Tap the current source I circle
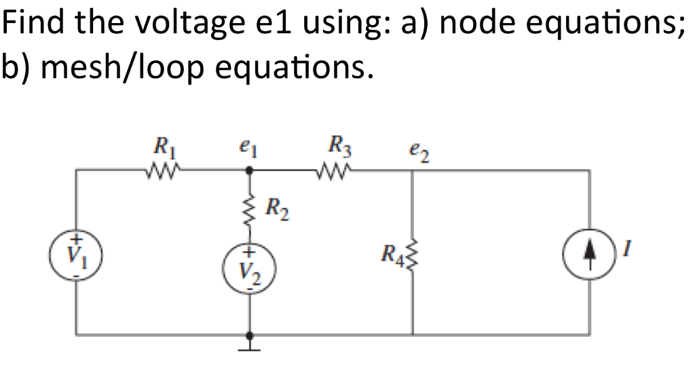(588, 257)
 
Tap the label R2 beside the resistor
(276, 207)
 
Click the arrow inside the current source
(588, 256)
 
